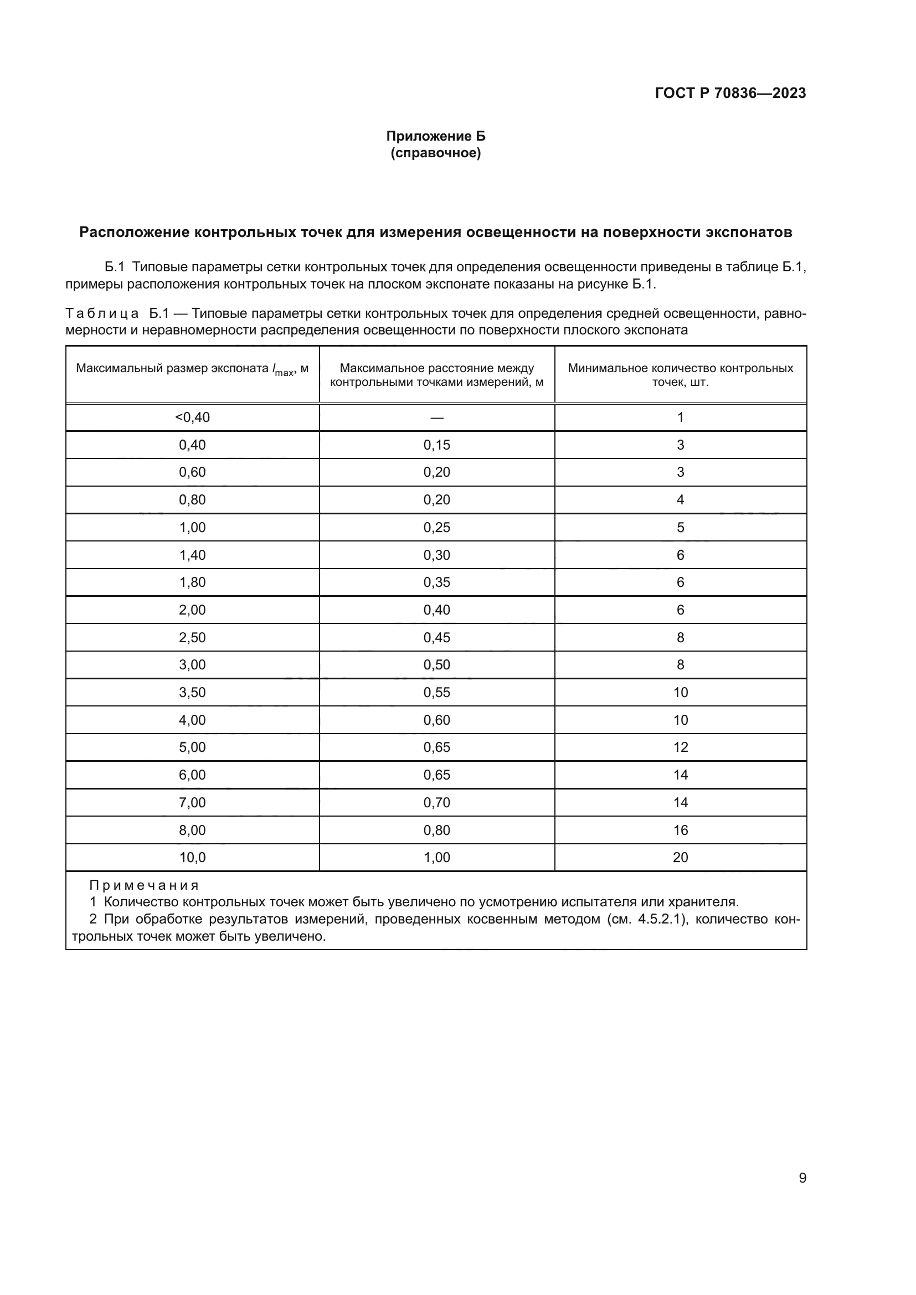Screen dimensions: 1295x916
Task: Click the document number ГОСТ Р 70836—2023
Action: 730,93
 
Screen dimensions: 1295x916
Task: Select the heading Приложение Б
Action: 435,136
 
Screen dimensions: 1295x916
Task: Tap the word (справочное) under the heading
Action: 435,153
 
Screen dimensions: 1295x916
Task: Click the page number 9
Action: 802,1178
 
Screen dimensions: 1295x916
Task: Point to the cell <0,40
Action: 192,417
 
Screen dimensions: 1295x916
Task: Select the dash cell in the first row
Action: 436,418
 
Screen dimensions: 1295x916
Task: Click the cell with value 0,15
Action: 436,445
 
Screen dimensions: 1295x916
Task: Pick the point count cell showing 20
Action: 680,857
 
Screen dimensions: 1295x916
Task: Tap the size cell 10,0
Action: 192,857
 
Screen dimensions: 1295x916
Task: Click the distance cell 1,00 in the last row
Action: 436,857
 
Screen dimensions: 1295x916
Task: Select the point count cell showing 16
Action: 680,830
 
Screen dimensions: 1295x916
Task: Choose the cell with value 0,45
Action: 436,637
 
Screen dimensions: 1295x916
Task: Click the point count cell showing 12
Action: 680,747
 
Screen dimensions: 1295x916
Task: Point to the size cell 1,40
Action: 192,555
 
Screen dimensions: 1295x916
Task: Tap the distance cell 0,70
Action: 436,803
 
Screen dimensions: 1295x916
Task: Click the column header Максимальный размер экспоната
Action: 192,369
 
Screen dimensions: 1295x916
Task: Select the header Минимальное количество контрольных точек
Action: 680,374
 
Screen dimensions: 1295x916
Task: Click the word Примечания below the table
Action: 144,885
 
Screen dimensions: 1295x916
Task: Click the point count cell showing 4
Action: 680,500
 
